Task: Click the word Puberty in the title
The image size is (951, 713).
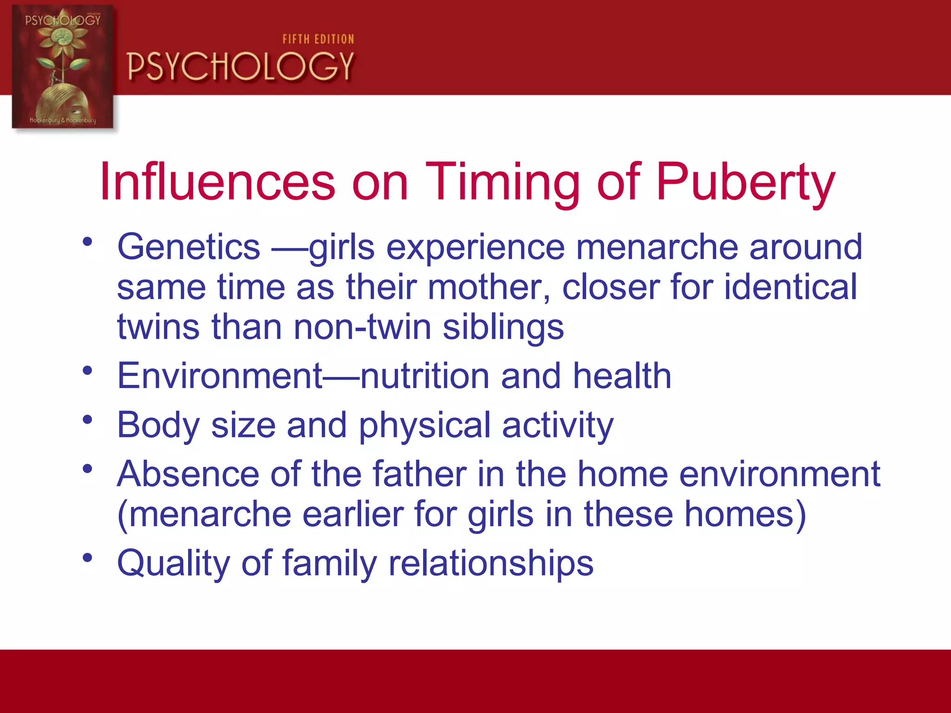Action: tap(745, 182)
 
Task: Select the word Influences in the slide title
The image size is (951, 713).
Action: tap(217, 182)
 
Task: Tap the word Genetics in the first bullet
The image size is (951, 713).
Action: tap(189, 247)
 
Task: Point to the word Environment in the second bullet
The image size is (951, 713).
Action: tap(220, 376)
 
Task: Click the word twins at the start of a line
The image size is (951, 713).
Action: tap(158, 327)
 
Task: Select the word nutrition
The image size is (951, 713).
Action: tap(424, 376)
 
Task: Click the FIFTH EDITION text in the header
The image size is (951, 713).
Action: tap(318, 39)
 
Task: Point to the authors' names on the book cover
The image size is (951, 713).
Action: tap(63, 120)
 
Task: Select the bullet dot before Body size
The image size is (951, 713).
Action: tap(87, 420)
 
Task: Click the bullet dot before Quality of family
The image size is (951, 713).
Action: tap(87, 557)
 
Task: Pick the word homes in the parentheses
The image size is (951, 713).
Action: tap(739, 514)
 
